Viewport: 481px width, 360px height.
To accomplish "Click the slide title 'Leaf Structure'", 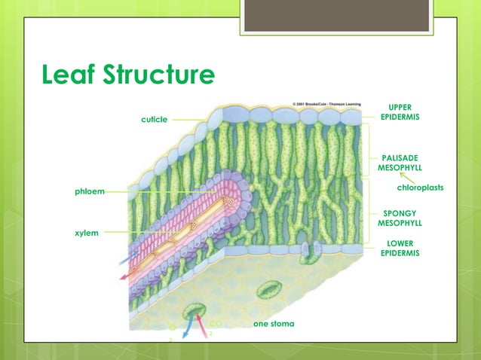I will click(x=128, y=76).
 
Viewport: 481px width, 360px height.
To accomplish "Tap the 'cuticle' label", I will click(x=155, y=119).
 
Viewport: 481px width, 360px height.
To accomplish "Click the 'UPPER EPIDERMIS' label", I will click(x=400, y=112).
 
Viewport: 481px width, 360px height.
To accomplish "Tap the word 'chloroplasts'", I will click(x=420, y=188).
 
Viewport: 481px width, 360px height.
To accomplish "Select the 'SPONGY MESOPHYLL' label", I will click(x=400, y=218).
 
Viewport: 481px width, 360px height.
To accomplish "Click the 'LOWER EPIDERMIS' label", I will click(x=400, y=249).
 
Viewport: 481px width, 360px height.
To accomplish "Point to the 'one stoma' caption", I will click(x=274, y=323).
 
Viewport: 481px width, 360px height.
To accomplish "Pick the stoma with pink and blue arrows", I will click(x=195, y=310).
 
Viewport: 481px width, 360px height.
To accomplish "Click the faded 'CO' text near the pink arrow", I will click(x=215, y=325).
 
